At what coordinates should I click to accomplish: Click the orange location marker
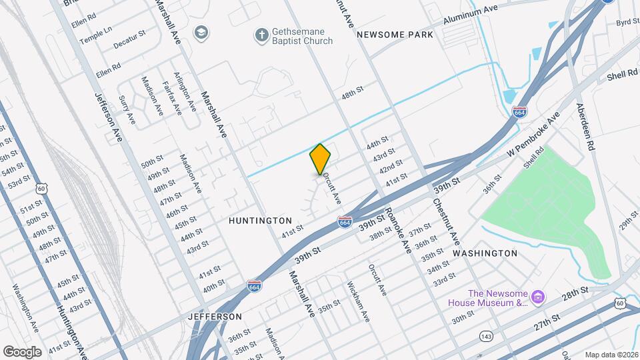point(321,159)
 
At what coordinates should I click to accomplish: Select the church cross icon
point(262,33)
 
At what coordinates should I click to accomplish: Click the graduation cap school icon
point(201,32)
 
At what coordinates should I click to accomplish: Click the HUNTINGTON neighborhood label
point(260,220)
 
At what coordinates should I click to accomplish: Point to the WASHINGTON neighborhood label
point(485,253)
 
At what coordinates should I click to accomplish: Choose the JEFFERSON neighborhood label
point(215,316)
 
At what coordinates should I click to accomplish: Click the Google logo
point(22,351)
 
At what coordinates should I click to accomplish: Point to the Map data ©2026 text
point(611,354)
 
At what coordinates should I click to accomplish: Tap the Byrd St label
point(627,23)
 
